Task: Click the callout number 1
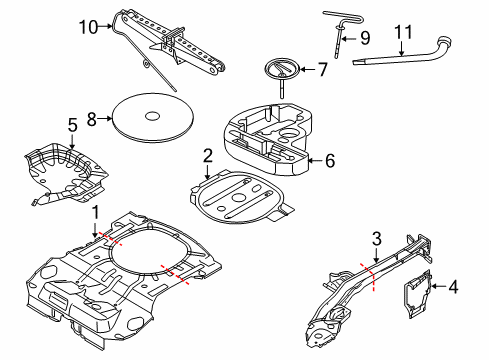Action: (95, 212)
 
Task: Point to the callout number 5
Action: (71, 125)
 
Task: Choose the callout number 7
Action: (321, 70)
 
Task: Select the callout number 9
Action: (364, 39)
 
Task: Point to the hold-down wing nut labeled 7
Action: (283, 71)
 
